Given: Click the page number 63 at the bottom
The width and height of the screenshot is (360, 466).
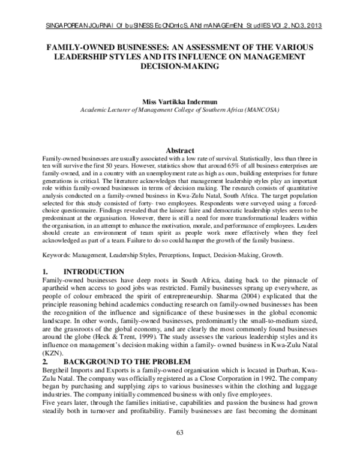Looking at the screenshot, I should click(x=179, y=450).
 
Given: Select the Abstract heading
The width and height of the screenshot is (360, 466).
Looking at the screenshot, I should click(x=179, y=133).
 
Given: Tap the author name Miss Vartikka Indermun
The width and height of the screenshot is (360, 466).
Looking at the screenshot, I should click(x=179, y=103).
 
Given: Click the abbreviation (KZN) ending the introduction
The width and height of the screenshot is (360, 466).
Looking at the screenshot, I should click(x=55, y=354).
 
